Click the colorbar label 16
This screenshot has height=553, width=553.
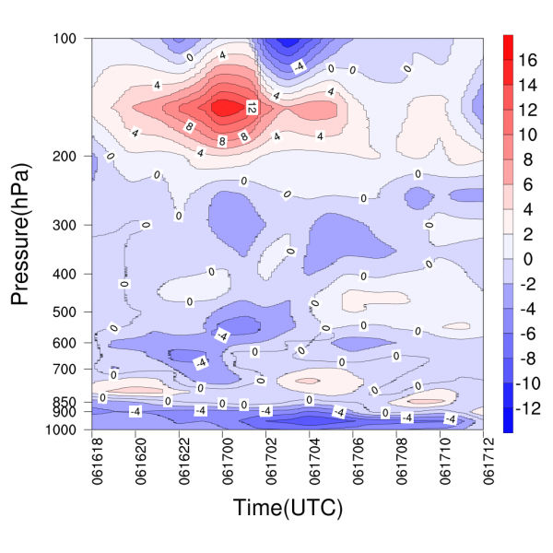pos(529,60)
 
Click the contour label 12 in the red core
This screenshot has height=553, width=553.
pos(252,108)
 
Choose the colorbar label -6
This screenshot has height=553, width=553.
pos(527,334)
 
